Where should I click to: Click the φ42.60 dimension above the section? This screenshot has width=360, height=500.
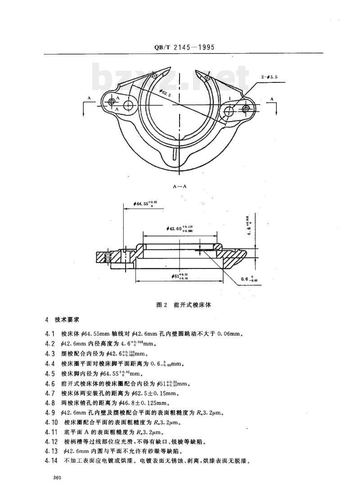click(180, 228)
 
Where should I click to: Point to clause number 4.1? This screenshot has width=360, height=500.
click(49, 334)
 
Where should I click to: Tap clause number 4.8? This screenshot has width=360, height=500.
click(49, 403)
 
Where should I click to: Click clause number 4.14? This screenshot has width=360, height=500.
click(51, 461)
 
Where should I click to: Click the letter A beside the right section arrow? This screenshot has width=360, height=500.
click(272, 98)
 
